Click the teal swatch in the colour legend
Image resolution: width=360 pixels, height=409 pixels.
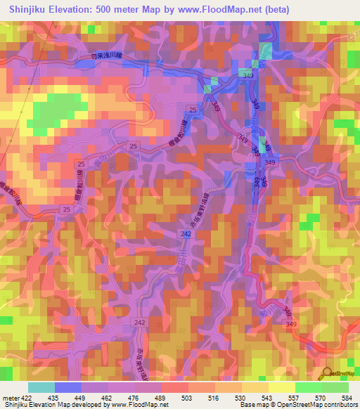(x=41, y=387)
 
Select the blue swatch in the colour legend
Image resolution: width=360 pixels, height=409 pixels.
(x=67, y=387)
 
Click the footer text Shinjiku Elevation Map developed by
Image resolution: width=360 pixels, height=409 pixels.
(x=52, y=405)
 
